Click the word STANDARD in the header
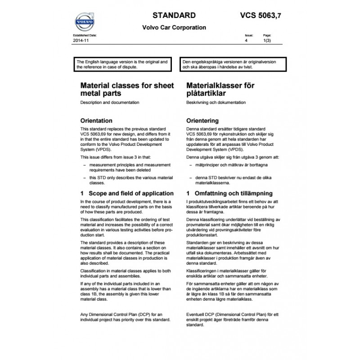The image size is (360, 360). pos(174,15)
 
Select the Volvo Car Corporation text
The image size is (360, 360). pos(174,27)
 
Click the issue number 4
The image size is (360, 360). pos(246,40)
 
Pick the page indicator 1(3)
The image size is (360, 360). pos(267,40)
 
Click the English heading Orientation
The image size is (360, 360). pos(96,121)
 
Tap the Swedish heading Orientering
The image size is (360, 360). pos(202,121)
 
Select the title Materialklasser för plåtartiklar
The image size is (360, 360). pos(221,89)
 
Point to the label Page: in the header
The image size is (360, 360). pos(266,35)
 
